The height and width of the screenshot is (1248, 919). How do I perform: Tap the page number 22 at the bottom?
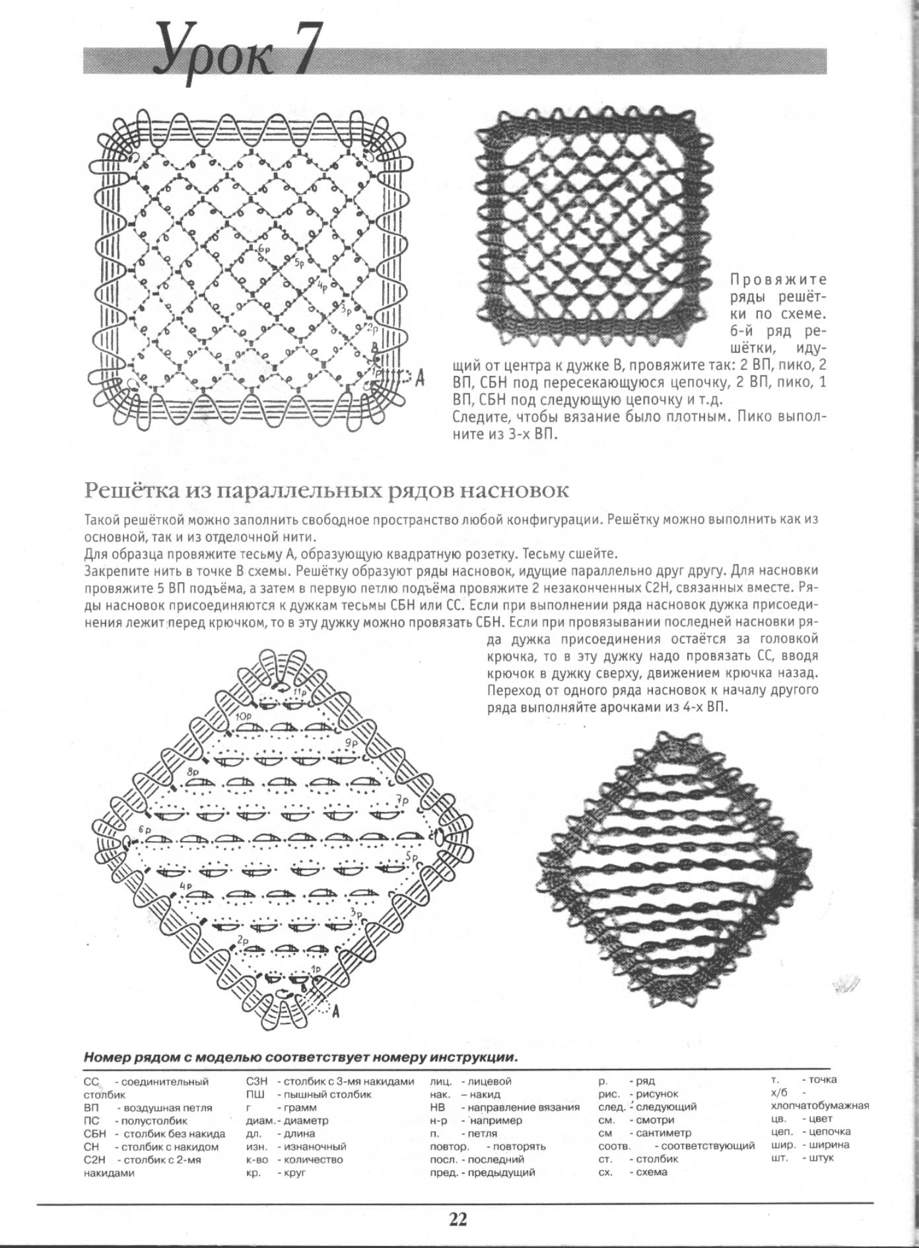tap(458, 1218)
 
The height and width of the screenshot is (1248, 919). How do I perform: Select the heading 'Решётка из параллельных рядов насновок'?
tap(326, 491)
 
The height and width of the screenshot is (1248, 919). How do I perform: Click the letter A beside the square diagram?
tap(420, 379)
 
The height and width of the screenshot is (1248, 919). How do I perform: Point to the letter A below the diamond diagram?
tap(335, 1010)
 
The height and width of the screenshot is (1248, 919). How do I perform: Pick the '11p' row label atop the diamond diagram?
tap(300, 693)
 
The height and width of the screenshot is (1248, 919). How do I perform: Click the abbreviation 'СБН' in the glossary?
tap(95, 1134)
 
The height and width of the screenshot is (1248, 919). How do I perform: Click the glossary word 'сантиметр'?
tap(664, 1133)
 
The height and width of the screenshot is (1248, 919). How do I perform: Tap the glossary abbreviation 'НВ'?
tap(437, 1107)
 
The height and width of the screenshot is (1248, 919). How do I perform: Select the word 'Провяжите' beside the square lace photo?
tap(778, 279)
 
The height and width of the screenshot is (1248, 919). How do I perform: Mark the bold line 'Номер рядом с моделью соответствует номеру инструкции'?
tap(300, 1057)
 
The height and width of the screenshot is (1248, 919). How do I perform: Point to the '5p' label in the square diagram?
tap(299, 263)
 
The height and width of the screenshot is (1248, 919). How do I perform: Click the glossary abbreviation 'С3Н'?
tap(256, 1082)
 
